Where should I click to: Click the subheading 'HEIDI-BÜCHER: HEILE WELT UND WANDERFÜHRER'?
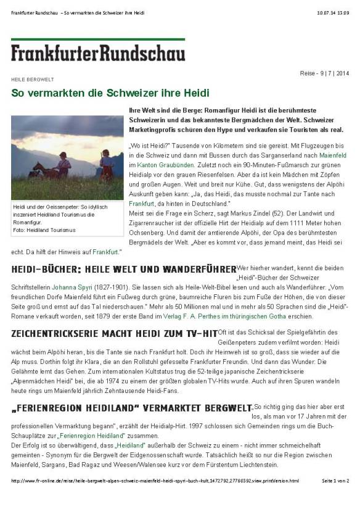pyautogui.click(x=123, y=270)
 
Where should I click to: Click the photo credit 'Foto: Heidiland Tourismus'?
pyautogui.click(x=44, y=230)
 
